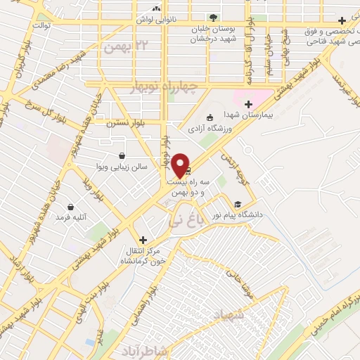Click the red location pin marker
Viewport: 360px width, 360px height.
click(180, 165)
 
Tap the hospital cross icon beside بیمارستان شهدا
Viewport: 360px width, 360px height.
click(248, 104)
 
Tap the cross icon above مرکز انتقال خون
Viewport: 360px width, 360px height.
click(143, 240)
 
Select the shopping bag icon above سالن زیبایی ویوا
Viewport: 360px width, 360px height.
click(123, 155)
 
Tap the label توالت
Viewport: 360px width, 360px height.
click(34, 24)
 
